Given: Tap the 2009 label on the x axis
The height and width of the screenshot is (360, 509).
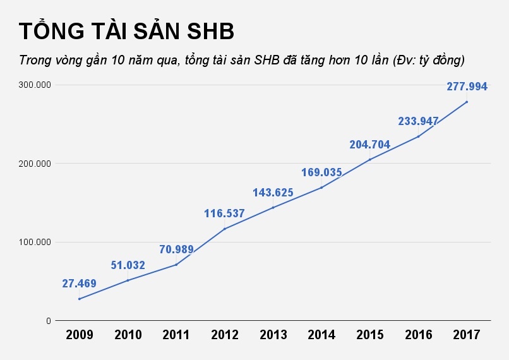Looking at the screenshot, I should tap(79, 335).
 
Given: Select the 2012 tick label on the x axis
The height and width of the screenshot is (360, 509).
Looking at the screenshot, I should tap(224, 335).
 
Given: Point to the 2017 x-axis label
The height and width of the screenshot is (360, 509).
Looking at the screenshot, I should tap(467, 335).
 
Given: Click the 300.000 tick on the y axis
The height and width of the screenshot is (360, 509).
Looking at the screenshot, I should tap(35, 85).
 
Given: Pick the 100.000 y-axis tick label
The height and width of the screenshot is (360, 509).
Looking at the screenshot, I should tap(35, 242).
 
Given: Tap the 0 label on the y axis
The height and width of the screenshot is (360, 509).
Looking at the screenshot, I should tap(48, 321).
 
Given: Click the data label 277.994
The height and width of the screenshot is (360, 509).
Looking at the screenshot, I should tap(467, 87).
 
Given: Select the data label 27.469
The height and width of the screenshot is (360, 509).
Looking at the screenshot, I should tap(79, 284).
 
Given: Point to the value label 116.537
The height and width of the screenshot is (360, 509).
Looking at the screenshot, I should tap(224, 213).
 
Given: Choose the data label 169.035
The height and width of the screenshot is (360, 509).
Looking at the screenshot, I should tap(321, 172).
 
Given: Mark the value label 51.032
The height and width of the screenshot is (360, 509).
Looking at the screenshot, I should tap(128, 265).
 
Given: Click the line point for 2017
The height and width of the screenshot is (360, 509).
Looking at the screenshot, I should tap(467, 102).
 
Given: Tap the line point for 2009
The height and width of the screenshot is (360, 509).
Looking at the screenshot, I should tap(79, 299).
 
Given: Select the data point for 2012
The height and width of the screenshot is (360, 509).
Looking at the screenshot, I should tap(224, 229).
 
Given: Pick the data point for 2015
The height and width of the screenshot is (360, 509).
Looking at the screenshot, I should tap(369, 159).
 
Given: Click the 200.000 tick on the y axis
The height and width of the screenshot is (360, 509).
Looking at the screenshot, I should tap(35, 164).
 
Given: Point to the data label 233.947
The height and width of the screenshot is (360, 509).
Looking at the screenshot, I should tap(418, 121).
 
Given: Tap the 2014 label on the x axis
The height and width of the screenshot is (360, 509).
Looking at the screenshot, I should tap(321, 335).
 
